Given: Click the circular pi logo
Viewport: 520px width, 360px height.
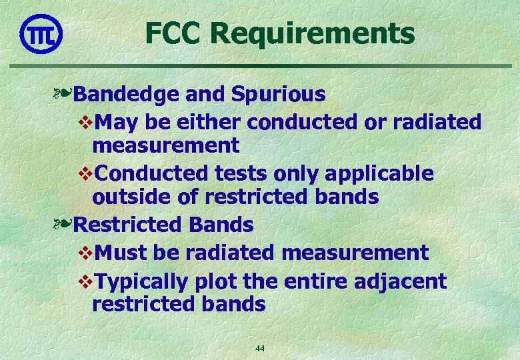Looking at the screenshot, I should click(x=41, y=33).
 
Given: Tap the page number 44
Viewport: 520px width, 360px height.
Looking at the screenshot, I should click(x=260, y=349).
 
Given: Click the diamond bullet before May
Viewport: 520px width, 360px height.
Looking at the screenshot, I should click(x=85, y=123).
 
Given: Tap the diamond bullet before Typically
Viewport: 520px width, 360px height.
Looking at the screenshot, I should click(x=85, y=282).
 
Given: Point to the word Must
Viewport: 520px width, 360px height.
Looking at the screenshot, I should click(x=121, y=253).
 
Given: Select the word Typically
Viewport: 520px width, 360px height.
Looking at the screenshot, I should click(x=142, y=282).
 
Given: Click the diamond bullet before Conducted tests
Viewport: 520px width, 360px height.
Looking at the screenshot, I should click(x=85, y=174).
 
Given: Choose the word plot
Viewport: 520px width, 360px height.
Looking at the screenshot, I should click(x=215, y=282).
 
